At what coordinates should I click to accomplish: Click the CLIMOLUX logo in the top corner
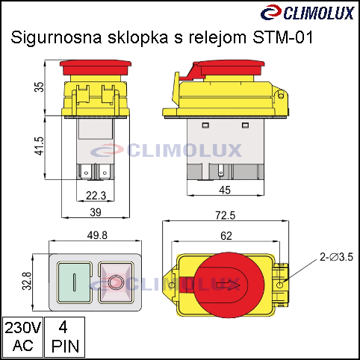(307, 12)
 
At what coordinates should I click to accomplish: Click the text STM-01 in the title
(282, 37)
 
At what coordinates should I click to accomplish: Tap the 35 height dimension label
(39, 87)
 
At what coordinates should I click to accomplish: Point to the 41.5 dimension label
(39, 146)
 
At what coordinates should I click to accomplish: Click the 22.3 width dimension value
(96, 196)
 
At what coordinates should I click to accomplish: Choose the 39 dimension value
(96, 212)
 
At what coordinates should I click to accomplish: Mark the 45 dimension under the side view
(225, 190)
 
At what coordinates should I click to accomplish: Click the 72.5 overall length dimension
(226, 215)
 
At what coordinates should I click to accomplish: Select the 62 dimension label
(226, 236)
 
